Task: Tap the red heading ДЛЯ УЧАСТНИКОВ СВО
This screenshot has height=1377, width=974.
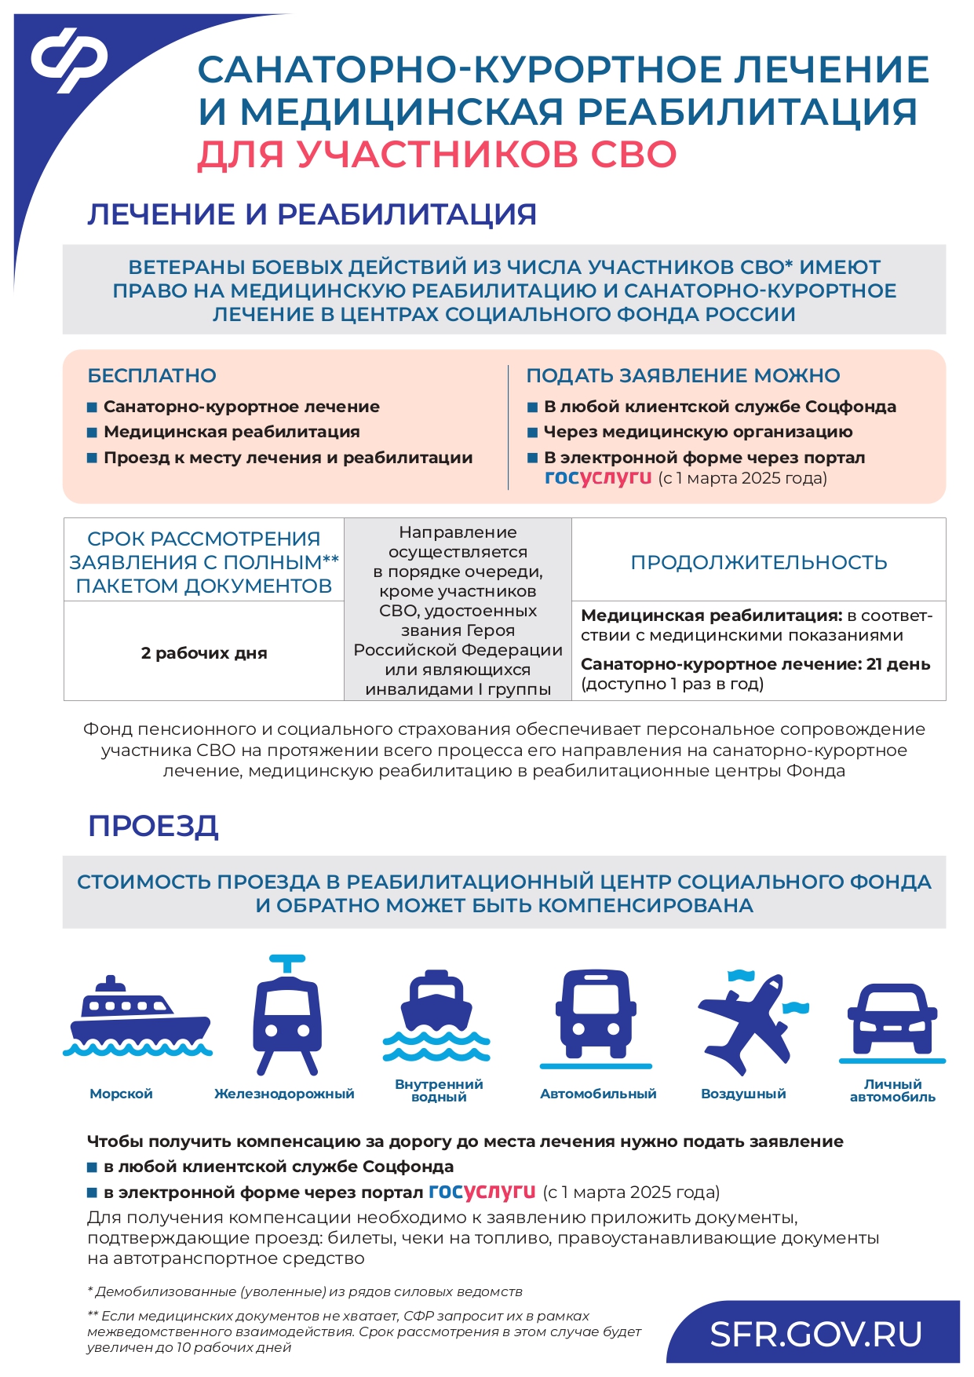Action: tap(436, 154)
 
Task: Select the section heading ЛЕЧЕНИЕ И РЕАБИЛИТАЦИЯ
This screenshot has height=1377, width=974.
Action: tap(312, 214)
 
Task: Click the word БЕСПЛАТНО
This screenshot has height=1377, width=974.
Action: tap(151, 375)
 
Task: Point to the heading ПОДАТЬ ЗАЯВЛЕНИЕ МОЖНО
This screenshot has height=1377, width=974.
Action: tap(683, 375)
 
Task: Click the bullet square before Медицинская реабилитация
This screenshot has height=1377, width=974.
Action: tap(92, 432)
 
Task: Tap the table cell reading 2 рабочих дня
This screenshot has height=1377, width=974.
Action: tap(204, 652)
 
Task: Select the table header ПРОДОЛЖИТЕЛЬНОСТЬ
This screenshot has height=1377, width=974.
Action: tap(758, 562)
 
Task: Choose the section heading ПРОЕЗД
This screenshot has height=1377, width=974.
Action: tap(153, 826)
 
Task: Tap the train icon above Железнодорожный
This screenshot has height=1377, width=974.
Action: tap(286, 1016)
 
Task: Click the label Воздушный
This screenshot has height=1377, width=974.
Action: tap(742, 1094)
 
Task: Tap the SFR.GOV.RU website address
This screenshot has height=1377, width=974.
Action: tap(815, 1335)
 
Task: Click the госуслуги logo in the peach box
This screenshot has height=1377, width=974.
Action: tap(598, 477)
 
